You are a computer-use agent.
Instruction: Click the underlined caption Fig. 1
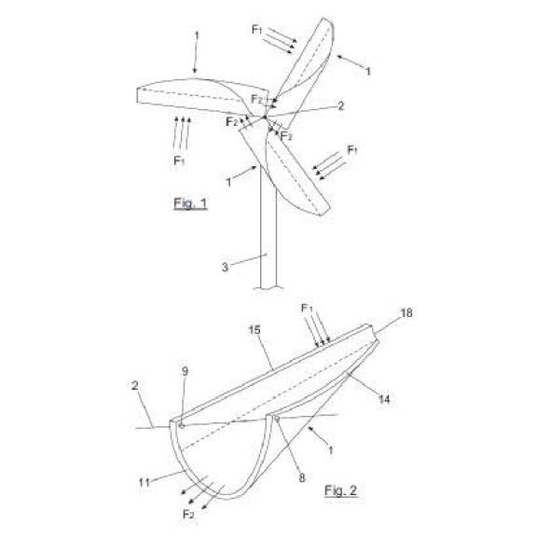(x=190, y=203)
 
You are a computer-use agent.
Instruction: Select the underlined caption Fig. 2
(x=340, y=491)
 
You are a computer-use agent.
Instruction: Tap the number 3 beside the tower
(x=225, y=267)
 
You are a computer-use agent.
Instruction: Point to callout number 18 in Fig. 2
(x=406, y=312)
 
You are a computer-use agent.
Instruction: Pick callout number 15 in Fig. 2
(x=255, y=330)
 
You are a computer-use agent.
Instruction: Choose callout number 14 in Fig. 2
(x=384, y=399)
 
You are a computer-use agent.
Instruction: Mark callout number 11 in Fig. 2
(x=145, y=483)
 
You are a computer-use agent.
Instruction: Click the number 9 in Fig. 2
(x=186, y=371)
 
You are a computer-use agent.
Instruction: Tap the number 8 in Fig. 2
(x=302, y=477)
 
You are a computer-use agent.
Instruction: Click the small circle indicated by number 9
(x=182, y=426)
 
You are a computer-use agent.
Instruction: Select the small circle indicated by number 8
(x=277, y=419)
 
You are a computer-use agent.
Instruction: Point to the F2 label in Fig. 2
(x=188, y=515)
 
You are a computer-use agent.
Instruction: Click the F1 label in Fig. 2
(x=307, y=309)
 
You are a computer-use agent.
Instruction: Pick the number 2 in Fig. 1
(x=340, y=105)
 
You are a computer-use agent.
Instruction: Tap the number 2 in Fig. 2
(x=134, y=385)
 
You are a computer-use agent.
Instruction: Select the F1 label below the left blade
(x=179, y=160)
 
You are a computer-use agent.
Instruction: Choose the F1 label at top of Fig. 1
(x=257, y=30)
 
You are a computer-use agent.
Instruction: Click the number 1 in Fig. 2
(x=331, y=450)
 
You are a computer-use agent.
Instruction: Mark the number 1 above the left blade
(x=197, y=35)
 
